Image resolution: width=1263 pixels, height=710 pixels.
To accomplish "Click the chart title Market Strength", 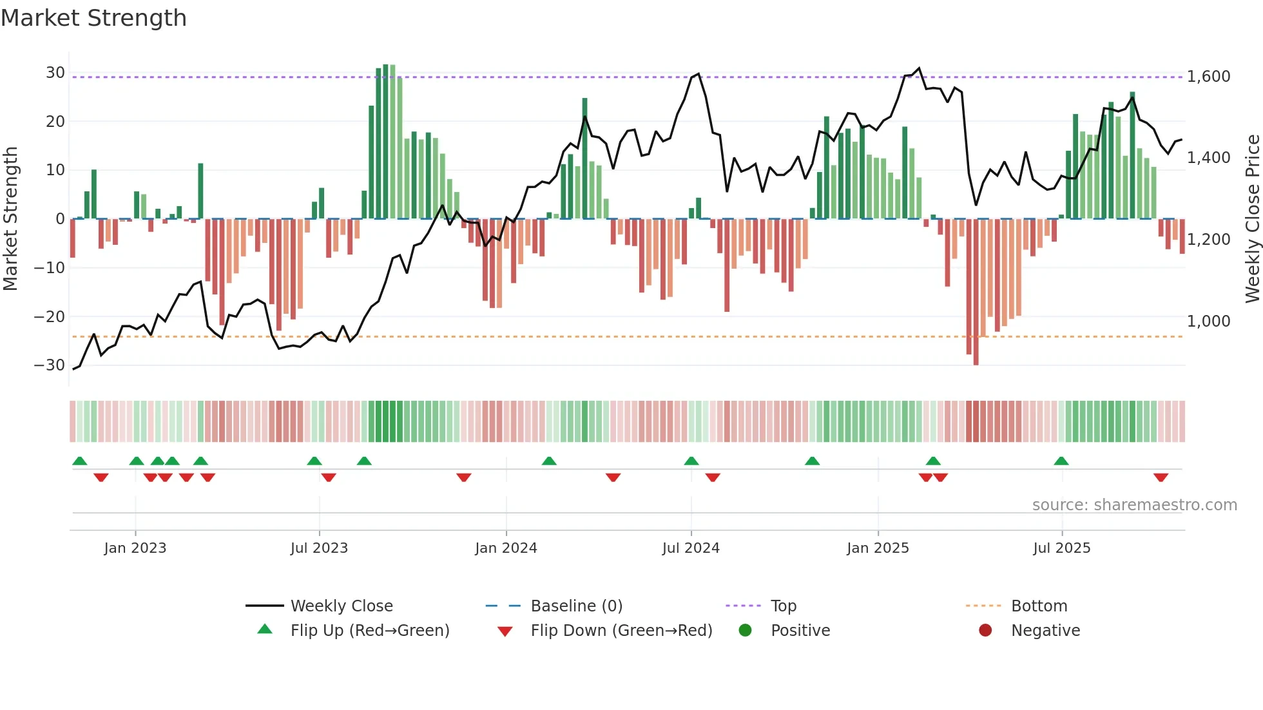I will (93, 18).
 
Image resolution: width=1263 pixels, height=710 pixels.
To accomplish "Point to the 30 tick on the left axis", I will (55, 73).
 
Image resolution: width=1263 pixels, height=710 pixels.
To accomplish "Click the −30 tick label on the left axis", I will (50, 365).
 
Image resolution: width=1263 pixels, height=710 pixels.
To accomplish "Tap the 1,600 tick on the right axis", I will (1208, 77).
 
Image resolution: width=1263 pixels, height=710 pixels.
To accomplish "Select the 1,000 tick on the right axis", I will (1208, 321).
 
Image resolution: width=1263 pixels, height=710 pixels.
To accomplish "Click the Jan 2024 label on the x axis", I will (506, 548).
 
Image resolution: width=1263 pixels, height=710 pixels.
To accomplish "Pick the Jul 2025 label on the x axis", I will (1061, 548).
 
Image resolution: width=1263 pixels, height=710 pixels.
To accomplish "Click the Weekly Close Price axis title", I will (1252, 219).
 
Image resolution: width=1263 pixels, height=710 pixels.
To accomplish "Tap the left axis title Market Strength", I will (10, 219).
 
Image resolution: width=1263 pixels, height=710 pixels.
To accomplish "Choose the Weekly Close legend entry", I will (341, 606).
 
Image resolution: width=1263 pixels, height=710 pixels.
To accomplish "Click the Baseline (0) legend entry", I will (576, 606).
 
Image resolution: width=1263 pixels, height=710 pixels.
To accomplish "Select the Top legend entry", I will (783, 606).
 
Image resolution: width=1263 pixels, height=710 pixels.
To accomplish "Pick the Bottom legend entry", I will (1039, 606).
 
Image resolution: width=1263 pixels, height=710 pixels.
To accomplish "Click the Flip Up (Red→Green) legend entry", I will (369, 631).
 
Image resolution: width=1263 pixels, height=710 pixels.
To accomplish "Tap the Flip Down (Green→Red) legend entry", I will (621, 631).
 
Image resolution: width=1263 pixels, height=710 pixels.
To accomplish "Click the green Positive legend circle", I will (746, 631).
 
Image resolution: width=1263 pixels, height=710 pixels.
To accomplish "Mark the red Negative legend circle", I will (985, 631).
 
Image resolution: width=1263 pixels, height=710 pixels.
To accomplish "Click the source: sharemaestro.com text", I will (1134, 505).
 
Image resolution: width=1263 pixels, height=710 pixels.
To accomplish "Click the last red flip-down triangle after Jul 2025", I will (1161, 477).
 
